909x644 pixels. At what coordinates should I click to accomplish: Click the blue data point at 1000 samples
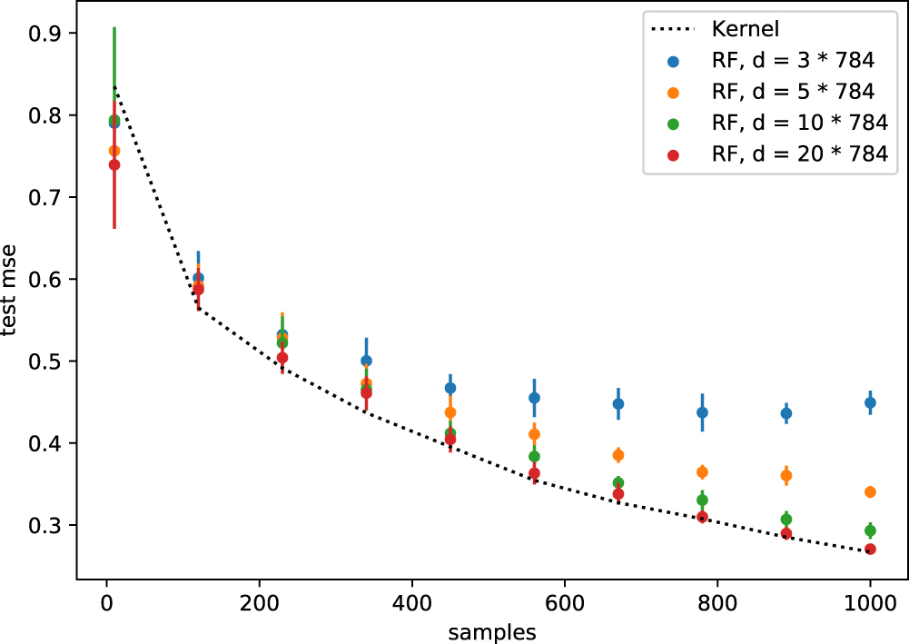coord(870,402)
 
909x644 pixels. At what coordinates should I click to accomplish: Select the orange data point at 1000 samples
coord(870,491)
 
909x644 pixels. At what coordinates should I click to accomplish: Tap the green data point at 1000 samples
coord(870,530)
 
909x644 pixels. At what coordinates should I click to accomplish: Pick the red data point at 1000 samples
coord(870,550)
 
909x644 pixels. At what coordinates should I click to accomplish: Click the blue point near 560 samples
coord(534,398)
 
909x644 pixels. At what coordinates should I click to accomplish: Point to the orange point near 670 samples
coord(618,455)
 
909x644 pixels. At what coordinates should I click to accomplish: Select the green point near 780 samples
coord(702,500)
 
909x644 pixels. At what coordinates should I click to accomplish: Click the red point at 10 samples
coord(114,164)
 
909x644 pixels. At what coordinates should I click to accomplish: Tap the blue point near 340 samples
coord(366,361)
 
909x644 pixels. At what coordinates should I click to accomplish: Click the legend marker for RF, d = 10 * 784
coord(673,124)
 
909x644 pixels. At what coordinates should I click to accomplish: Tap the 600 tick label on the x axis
coord(565,601)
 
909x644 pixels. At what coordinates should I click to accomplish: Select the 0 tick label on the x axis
coord(106,601)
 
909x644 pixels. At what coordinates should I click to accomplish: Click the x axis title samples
coord(492,629)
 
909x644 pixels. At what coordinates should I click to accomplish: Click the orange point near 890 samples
coord(786,475)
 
